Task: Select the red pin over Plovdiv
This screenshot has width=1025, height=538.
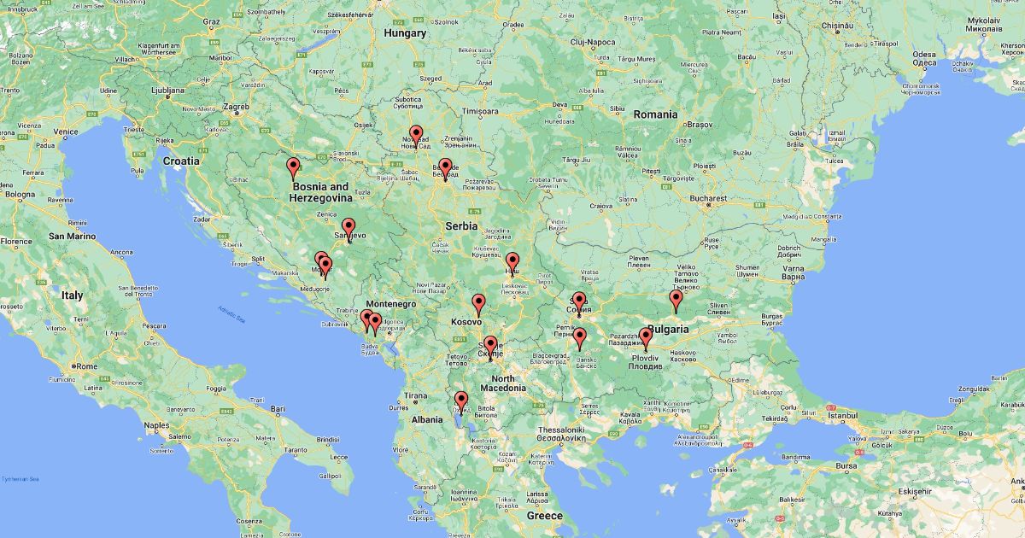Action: coord(646,338)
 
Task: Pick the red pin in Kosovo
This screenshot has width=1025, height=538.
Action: coord(478,303)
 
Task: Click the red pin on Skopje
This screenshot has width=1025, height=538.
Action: coord(490,346)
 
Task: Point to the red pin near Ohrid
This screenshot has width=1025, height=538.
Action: coord(461,401)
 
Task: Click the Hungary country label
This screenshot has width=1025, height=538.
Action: coord(405,33)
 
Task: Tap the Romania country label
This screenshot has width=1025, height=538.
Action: coord(655,114)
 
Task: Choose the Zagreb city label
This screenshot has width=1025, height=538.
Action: coord(236,108)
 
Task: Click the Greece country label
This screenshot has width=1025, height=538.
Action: coord(544,516)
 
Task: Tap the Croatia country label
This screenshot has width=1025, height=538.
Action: coord(181,161)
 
